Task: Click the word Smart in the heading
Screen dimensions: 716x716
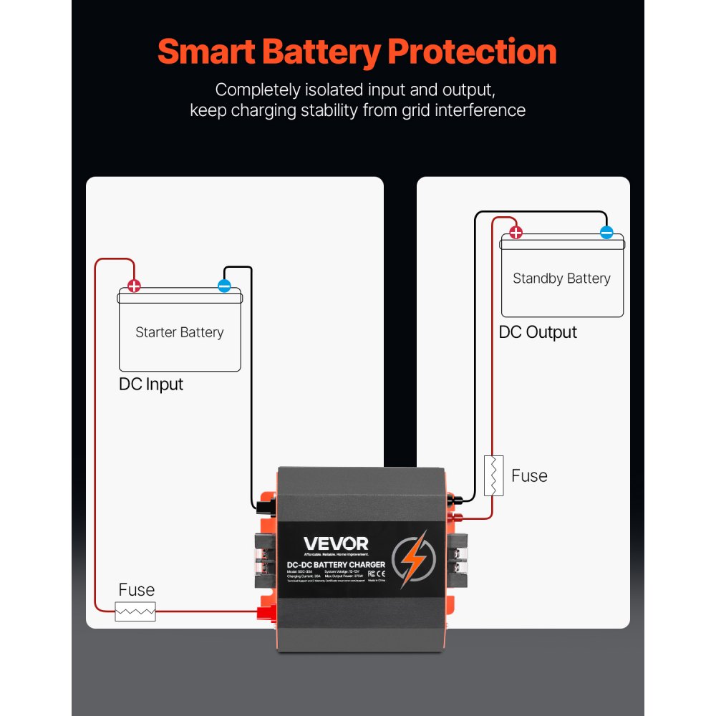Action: coord(204,52)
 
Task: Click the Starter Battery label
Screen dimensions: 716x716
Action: coord(179,332)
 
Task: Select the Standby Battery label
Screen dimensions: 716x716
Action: coord(561,279)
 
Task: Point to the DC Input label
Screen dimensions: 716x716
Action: coord(151,384)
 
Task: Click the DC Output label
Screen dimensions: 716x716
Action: coord(538,332)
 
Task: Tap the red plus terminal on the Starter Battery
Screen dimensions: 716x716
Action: coord(134,286)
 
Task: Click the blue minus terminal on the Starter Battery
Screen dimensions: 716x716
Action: coord(224,286)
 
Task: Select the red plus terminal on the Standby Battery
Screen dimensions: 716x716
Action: coord(516,232)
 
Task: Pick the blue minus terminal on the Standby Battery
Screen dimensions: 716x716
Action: coord(606,232)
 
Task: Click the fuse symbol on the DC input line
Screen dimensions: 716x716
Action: coord(135,611)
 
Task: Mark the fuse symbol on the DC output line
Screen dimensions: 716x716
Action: coord(493,475)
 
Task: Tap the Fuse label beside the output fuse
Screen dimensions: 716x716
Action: coord(529,476)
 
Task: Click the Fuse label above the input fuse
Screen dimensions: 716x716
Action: coord(136,590)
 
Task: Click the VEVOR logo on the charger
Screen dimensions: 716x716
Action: coord(336,545)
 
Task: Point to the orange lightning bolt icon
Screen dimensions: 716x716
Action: coord(414,558)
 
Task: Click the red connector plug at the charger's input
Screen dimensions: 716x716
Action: coord(267,611)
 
